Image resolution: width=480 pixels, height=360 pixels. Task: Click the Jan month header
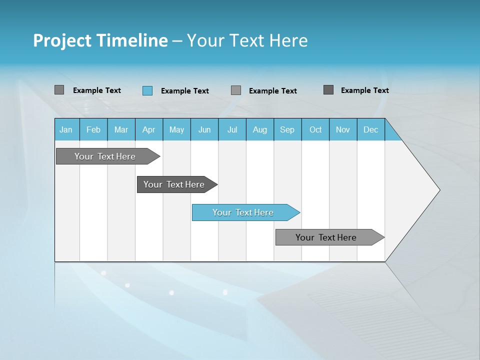66,129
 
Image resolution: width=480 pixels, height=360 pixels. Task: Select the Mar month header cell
121,129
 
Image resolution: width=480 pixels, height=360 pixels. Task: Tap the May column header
176,129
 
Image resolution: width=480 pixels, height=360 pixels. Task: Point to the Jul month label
232,129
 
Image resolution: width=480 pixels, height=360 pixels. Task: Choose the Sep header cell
287,129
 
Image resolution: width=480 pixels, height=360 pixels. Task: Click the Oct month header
315,129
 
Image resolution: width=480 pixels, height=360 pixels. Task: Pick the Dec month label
370,129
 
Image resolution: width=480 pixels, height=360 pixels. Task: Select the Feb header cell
93,129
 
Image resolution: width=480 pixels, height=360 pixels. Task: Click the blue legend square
147,90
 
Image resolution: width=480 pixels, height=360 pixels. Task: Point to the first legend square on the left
59,90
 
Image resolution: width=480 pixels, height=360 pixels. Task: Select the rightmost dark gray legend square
328,90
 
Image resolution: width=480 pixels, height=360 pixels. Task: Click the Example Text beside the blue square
184,91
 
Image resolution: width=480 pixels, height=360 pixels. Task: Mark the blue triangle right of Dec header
391,133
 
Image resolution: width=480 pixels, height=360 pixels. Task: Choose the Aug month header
259,129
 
